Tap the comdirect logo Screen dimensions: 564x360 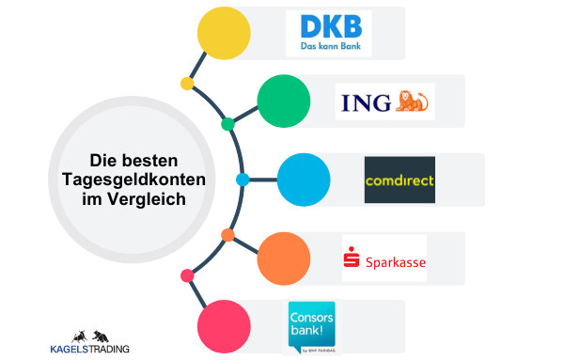399,180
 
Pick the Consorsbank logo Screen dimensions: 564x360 312,326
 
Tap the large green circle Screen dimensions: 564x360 283,100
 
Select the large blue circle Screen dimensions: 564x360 303,179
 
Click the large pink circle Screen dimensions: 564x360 224,325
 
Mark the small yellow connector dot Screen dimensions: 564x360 187,84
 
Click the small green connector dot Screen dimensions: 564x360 227,124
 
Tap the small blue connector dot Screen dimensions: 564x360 243,179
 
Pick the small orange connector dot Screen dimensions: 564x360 227,234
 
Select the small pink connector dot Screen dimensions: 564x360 187,275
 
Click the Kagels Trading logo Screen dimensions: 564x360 90,342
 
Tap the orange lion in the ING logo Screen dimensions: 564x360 414,99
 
